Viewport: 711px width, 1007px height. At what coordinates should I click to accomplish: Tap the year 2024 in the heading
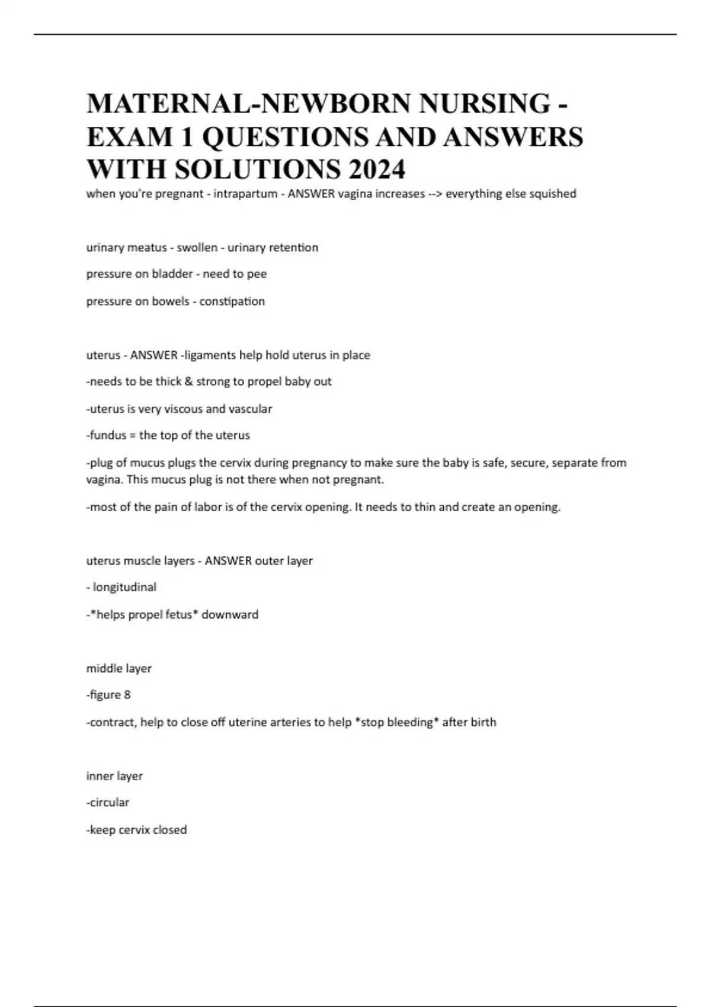tap(377, 169)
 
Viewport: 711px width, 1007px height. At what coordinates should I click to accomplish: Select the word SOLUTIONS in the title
tap(258, 169)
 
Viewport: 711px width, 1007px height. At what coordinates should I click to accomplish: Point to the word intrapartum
tap(245, 194)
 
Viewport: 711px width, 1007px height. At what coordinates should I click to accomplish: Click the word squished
tap(552, 194)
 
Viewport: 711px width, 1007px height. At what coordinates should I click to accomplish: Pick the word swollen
tap(197, 248)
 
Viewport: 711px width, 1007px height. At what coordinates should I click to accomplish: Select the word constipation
tap(232, 301)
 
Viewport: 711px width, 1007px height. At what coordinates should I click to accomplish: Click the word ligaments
tap(210, 355)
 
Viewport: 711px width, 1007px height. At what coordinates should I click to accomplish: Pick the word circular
tap(110, 803)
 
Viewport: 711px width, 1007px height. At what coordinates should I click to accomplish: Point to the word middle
tap(102, 668)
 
